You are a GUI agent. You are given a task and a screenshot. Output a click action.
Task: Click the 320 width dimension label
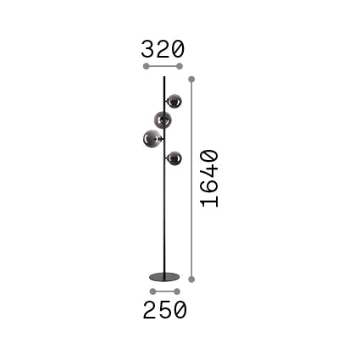click(x=163, y=48)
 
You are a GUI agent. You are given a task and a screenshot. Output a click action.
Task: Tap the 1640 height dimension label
click(x=209, y=179)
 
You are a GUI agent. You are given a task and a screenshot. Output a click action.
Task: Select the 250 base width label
click(x=164, y=310)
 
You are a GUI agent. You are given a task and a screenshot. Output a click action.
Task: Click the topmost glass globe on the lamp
click(x=174, y=102)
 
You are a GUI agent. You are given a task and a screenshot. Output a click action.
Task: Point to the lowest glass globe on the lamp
click(x=174, y=158)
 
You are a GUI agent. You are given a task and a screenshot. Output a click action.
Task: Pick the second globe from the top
click(x=163, y=120)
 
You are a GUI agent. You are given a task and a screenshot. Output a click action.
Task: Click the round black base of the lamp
click(x=164, y=277)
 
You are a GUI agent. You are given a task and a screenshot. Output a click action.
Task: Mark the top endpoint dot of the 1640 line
click(x=192, y=79)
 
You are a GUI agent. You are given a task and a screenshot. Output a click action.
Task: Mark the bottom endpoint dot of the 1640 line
click(x=192, y=279)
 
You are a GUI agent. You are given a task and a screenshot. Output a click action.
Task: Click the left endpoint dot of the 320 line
click(x=146, y=66)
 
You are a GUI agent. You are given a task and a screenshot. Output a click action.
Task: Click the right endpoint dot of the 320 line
click(x=180, y=66)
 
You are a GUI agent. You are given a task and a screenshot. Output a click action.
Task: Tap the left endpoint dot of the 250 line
click(x=152, y=291)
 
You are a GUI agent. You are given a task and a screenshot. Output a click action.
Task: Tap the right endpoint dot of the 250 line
click(x=177, y=291)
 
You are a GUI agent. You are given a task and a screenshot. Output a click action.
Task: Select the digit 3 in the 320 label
click(x=149, y=48)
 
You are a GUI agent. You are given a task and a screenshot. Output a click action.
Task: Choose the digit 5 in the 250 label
click(x=164, y=310)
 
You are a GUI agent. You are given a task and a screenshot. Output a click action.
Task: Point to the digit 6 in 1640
click(x=209, y=188)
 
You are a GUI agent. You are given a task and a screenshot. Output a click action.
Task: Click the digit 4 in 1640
click(x=209, y=173)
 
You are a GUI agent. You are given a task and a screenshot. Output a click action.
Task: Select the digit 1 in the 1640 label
click(x=209, y=202)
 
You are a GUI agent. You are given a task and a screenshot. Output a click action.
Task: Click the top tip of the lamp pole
click(x=163, y=78)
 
